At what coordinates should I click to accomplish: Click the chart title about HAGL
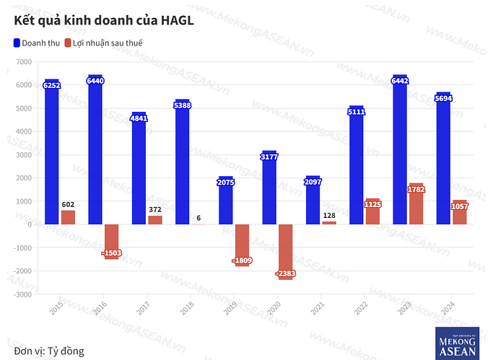click(x=104, y=20)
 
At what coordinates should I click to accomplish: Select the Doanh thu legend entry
click(x=36, y=43)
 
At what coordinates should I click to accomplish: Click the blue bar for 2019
click(x=225, y=202)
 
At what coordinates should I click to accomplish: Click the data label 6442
click(x=400, y=81)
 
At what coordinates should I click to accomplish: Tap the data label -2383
click(x=285, y=273)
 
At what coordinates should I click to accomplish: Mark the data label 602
click(x=68, y=204)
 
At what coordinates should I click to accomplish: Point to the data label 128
click(x=329, y=215)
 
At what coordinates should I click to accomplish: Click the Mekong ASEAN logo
click(x=457, y=342)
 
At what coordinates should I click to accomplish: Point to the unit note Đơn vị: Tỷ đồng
click(x=48, y=351)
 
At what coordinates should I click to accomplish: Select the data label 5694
click(x=443, y=98)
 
